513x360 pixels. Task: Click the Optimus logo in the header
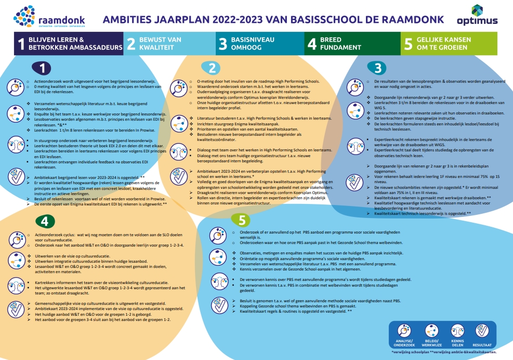477,15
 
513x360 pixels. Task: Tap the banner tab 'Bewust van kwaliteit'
169,43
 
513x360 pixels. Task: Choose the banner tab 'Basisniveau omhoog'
260,43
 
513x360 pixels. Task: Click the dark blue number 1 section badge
43,68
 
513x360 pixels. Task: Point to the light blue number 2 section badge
211,68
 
